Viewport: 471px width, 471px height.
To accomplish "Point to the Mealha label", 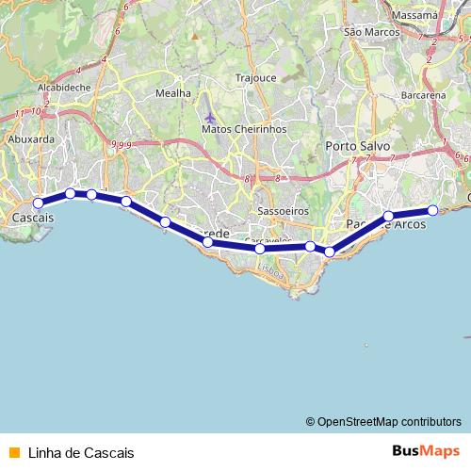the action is click(172, 93).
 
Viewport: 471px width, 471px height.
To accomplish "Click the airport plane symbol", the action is click(208, 118).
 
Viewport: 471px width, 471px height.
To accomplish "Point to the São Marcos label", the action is click(365, 32).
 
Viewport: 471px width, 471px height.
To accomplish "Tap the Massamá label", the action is click(418, 16).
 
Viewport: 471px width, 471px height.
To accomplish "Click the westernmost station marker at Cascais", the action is click(39, 203).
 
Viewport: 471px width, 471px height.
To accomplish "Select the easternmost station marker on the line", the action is click(432, 210).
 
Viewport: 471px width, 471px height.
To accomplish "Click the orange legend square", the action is click(13, 452).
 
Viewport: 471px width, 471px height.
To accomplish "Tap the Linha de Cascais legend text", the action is click(81, 452).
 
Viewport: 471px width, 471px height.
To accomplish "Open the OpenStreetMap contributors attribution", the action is click(388, 421).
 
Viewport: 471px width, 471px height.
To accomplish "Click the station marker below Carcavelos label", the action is click(260, 249).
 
